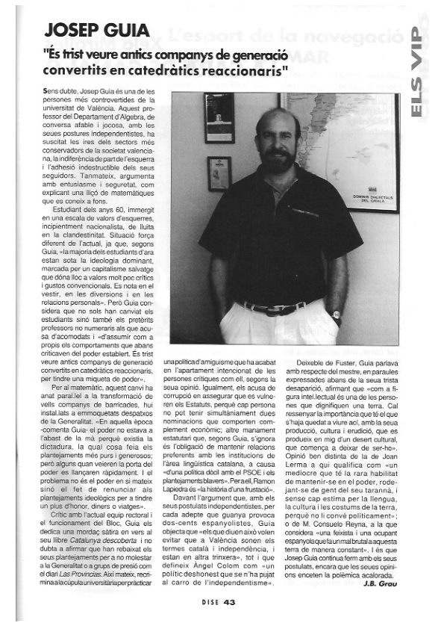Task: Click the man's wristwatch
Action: (337, 314)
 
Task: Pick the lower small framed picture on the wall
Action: (219, 174)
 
